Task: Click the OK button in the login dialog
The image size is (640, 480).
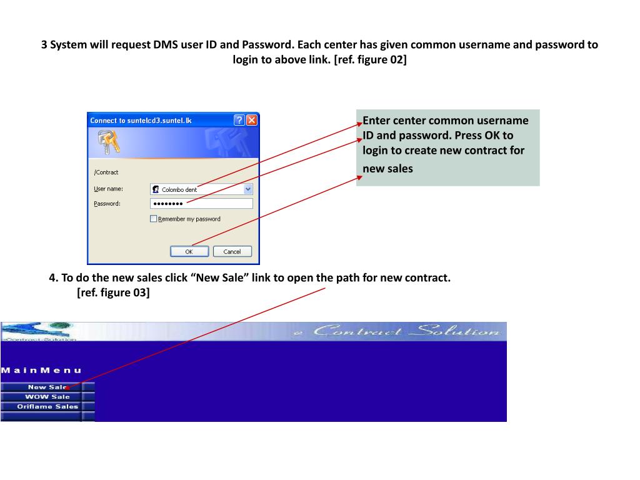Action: pos(189,251)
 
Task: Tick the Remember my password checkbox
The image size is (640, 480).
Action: pos(154,219)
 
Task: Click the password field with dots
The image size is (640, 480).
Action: pos(201,204)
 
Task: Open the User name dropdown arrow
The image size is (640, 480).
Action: pos(248,189)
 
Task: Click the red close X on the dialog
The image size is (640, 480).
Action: pos(252,120)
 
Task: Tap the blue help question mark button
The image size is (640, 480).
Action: pos(239,120)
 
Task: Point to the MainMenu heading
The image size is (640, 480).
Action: pos(41,371)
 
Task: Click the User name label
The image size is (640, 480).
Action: pos(108,189)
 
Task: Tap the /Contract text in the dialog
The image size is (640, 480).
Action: pos(106,172)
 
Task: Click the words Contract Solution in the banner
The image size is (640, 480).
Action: pos(406,331)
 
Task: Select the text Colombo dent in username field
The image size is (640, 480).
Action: pos(179,189)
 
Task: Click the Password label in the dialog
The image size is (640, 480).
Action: pos(107,204)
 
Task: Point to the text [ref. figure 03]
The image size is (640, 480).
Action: pos(113,292)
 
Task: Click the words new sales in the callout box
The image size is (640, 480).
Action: pos(387,168)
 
